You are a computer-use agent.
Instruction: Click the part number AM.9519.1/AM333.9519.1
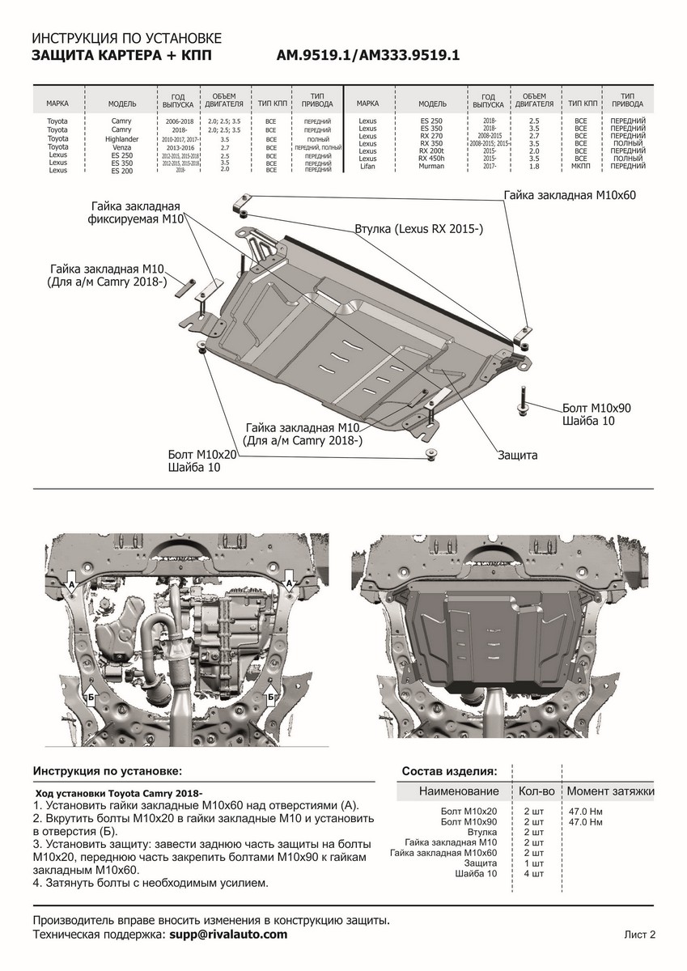click(368, 56)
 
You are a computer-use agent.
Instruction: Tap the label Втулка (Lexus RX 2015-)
click(418, 230)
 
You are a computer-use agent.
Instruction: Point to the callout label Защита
click(517, 456)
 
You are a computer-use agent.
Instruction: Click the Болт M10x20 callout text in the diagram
click(202, 456)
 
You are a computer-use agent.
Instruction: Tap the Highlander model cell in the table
click(121, 139)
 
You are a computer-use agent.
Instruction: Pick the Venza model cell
click(121, 148)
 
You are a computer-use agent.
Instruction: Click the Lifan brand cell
click(367, 166)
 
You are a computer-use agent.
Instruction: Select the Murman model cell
click(431, 166)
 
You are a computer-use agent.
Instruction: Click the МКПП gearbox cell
click(580, 166)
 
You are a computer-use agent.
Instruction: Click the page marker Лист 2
click(639, 935)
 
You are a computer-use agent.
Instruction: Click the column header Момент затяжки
click(610, 791)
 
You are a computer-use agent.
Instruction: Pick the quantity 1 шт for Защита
click(533, 863)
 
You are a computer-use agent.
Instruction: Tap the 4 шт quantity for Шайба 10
click(533, 874)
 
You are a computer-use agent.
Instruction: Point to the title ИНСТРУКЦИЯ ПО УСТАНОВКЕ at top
click(125, 39)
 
